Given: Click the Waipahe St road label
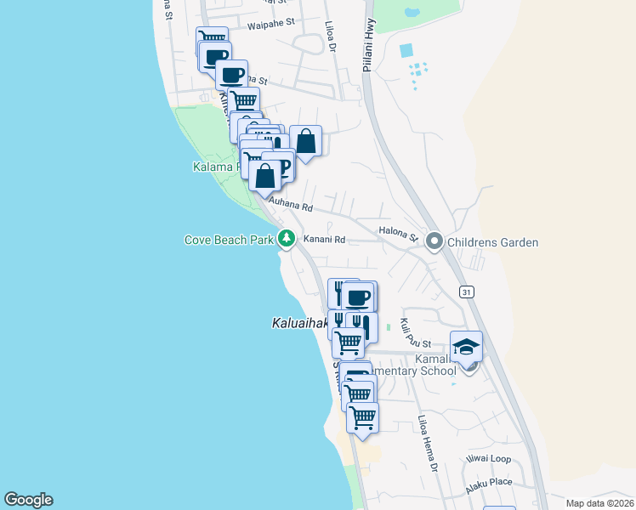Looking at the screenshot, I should pos(270,25).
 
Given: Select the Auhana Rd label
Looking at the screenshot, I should pos(292,205).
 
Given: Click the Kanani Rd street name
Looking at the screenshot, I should pos(324,241).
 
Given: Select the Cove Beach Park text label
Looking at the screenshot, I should pos(229,241).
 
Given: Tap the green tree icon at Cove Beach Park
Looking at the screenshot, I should pos(287,240).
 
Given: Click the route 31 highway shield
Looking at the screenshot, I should pos(466,292).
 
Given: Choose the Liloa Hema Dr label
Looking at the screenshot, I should pos(427,443).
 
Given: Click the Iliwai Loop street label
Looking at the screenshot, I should pos(487,459).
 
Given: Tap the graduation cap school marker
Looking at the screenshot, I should pos(466,347).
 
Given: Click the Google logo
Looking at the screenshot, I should pos(28,500).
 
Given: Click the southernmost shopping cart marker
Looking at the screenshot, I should pos(363,417).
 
